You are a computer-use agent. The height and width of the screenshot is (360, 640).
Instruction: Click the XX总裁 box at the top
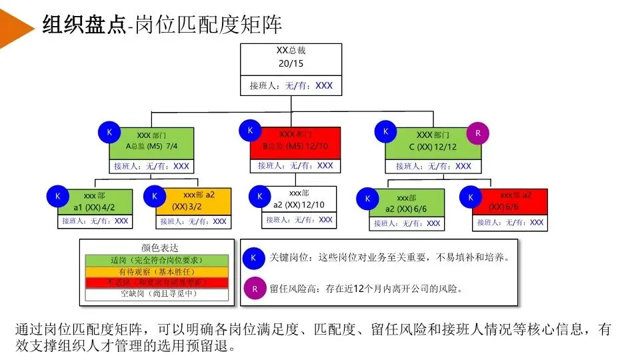pos(291,59)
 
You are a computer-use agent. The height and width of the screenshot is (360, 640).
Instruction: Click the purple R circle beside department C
pos(477,133)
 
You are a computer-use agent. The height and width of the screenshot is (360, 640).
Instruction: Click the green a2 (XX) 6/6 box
pos(406,203)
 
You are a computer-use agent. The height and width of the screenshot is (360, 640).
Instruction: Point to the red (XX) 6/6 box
pos(510,202)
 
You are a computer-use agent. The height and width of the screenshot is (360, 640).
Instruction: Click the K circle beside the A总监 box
pos(109,132)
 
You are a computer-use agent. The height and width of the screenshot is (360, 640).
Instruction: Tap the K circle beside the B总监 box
pos(250,131)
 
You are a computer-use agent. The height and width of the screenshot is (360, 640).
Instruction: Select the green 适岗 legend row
pos(157,260)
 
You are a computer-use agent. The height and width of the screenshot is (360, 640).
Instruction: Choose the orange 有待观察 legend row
pos(157,271)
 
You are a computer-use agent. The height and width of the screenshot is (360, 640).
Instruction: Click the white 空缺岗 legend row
pos(157,293)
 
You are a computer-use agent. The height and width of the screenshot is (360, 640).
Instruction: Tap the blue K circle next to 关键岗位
pos(253,257)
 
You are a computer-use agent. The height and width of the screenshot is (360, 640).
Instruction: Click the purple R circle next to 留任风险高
pos(253,289)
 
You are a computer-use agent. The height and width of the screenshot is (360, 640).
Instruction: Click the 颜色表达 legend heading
pos(157,248)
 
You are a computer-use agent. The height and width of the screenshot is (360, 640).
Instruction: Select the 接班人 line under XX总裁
pos(291,86)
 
